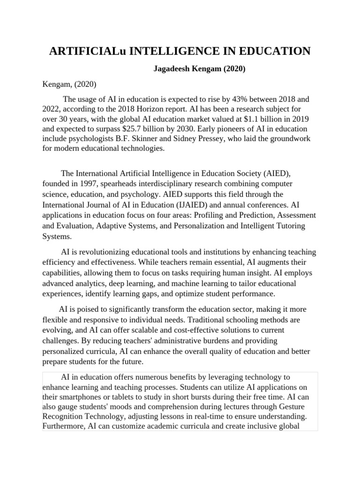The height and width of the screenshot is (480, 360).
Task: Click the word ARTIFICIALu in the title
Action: (x=87, y=51)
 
